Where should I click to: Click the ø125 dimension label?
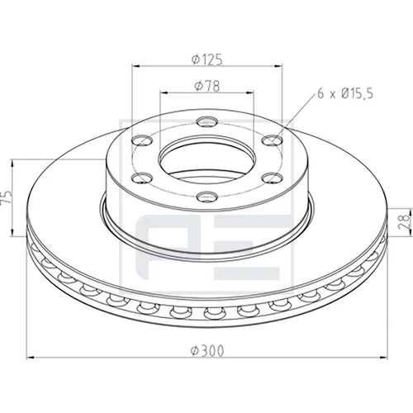207,59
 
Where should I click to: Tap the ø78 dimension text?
207,86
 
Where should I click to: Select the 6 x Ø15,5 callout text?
345,93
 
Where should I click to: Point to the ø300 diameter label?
207,351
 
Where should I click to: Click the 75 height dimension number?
7,197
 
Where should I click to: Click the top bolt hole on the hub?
207,121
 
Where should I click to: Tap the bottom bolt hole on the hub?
207,197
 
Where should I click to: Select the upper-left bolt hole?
142,140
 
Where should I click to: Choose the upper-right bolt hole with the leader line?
273,140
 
